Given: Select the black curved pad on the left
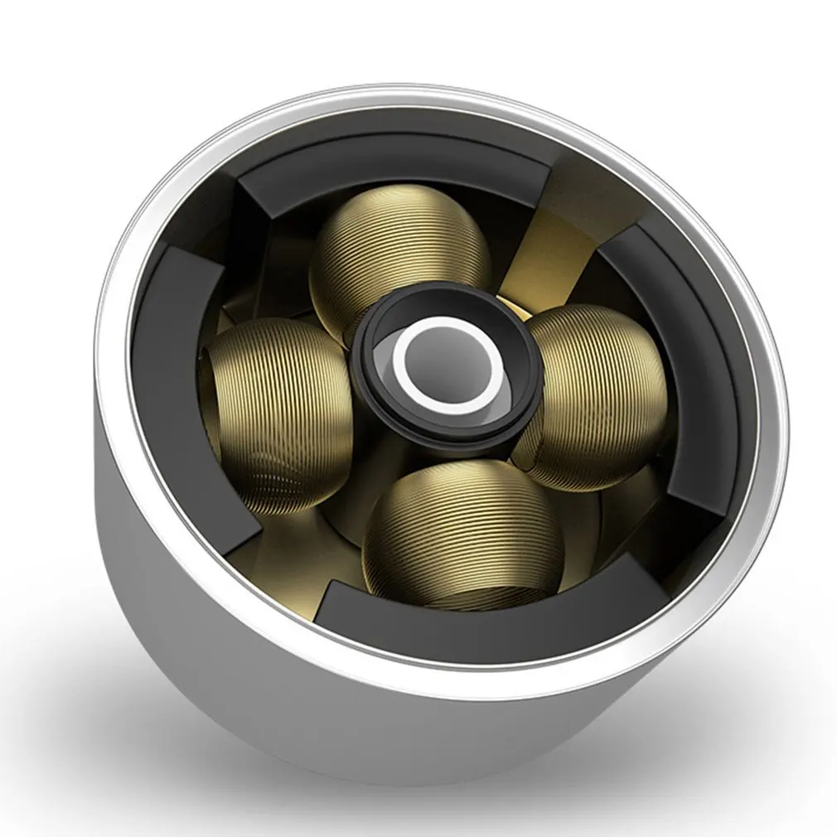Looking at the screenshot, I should tap(166, 373).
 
